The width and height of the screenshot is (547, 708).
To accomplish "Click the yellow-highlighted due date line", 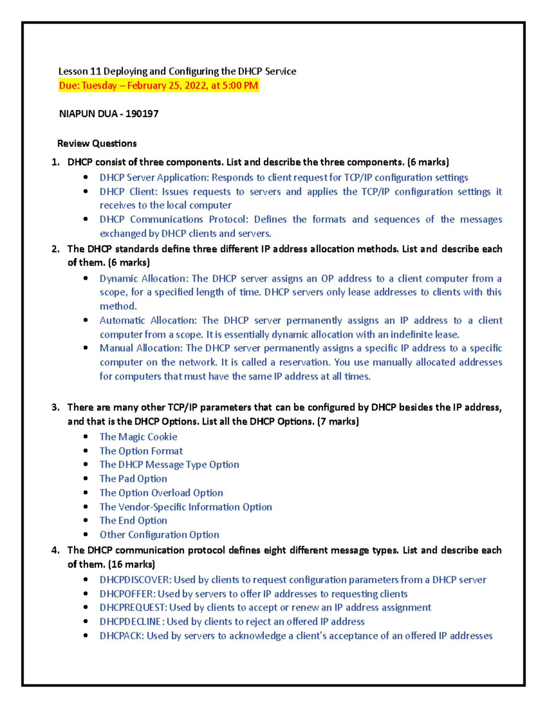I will tap(159, 86).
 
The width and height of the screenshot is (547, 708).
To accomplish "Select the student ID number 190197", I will tap(142, 114).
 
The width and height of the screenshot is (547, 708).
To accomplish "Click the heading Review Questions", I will tap(97, 144).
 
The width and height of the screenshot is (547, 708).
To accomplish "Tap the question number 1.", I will tap(55, 162).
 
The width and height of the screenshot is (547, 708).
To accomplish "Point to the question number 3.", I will tap(55, 408).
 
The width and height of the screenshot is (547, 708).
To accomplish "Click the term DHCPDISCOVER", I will tap(135, 580).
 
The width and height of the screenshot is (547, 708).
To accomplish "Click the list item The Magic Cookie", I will tap(138, 437).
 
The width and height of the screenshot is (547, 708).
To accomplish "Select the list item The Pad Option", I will tap(133, 479).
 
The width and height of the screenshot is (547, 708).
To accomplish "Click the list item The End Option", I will tap(133, 521).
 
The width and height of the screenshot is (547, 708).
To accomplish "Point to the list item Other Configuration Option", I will tap(159, 535).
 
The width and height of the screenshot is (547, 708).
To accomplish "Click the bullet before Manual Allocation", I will tap(86, 348).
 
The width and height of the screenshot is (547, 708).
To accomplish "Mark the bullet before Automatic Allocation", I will tap(86, 320).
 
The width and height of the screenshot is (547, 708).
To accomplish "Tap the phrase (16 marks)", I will tap(131, 564).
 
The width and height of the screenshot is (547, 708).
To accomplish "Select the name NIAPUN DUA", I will tap(88, 114).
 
